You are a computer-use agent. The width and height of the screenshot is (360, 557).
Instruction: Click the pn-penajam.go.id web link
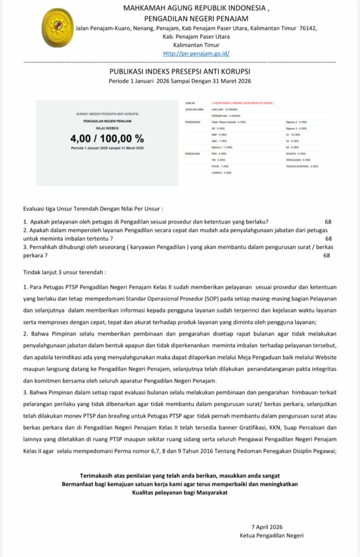click(x=196, y=53)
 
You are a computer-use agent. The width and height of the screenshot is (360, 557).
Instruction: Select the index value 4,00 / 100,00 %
click(x=107, y=138)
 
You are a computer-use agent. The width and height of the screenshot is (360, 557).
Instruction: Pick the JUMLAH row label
click(x=190, y=102)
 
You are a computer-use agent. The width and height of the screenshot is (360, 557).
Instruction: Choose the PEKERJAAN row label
click(x=193, y=153)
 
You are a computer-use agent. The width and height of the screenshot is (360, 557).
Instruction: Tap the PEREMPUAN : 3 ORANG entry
click(x=224, y=116)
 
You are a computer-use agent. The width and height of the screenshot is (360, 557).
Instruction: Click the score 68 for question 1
click(x=327, y=221)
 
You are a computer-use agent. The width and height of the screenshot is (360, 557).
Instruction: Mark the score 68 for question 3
click(x=326, y=256)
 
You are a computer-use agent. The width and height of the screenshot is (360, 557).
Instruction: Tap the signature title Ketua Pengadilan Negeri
click(x=271, y=535)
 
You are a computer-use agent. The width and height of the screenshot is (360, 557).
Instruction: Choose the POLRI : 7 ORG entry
click(x=220, y=166)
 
